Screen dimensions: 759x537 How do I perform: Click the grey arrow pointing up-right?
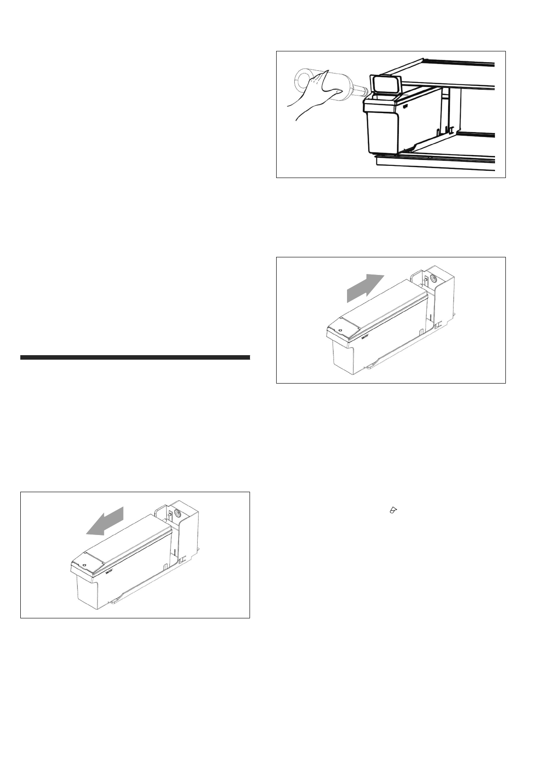pos(365,288)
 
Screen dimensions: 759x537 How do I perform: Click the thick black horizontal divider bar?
pos(135,358)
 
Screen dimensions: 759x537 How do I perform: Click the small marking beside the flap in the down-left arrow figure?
pos(108,573)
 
